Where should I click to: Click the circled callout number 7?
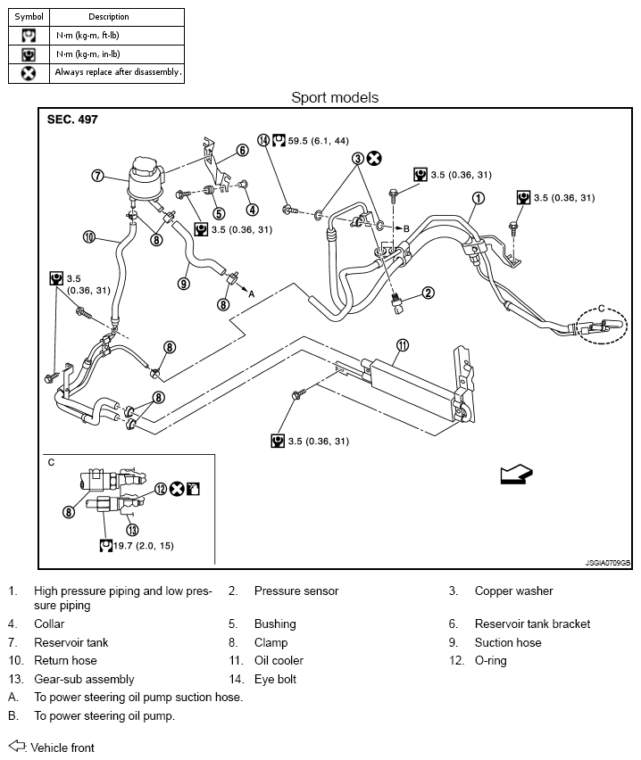point(97,176)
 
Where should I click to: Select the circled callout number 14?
point(263,141)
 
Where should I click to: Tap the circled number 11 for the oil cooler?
point(403,345)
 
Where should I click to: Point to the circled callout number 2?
point(428,293)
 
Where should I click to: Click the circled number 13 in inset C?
point(132,530)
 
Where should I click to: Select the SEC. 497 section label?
point(72,120)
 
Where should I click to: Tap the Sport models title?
point(335,97)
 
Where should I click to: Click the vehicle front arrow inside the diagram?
point(517,474)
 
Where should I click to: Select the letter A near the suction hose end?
point(252,293)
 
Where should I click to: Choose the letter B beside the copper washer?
point(406,228)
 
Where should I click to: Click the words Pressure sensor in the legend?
point(296,591)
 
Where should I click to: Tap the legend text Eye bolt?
point(275,679)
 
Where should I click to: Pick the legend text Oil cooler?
point(279,660)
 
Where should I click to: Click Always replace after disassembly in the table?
point(118,71)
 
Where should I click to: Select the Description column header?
point(109,16)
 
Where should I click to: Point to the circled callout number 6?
point(243,150)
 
